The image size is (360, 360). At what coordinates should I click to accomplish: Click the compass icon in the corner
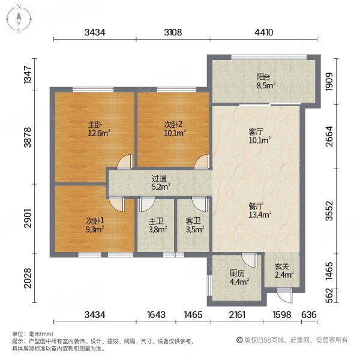19,19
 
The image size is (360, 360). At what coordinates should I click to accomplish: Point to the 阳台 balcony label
263,77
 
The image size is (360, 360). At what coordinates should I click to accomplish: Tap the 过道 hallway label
159,178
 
